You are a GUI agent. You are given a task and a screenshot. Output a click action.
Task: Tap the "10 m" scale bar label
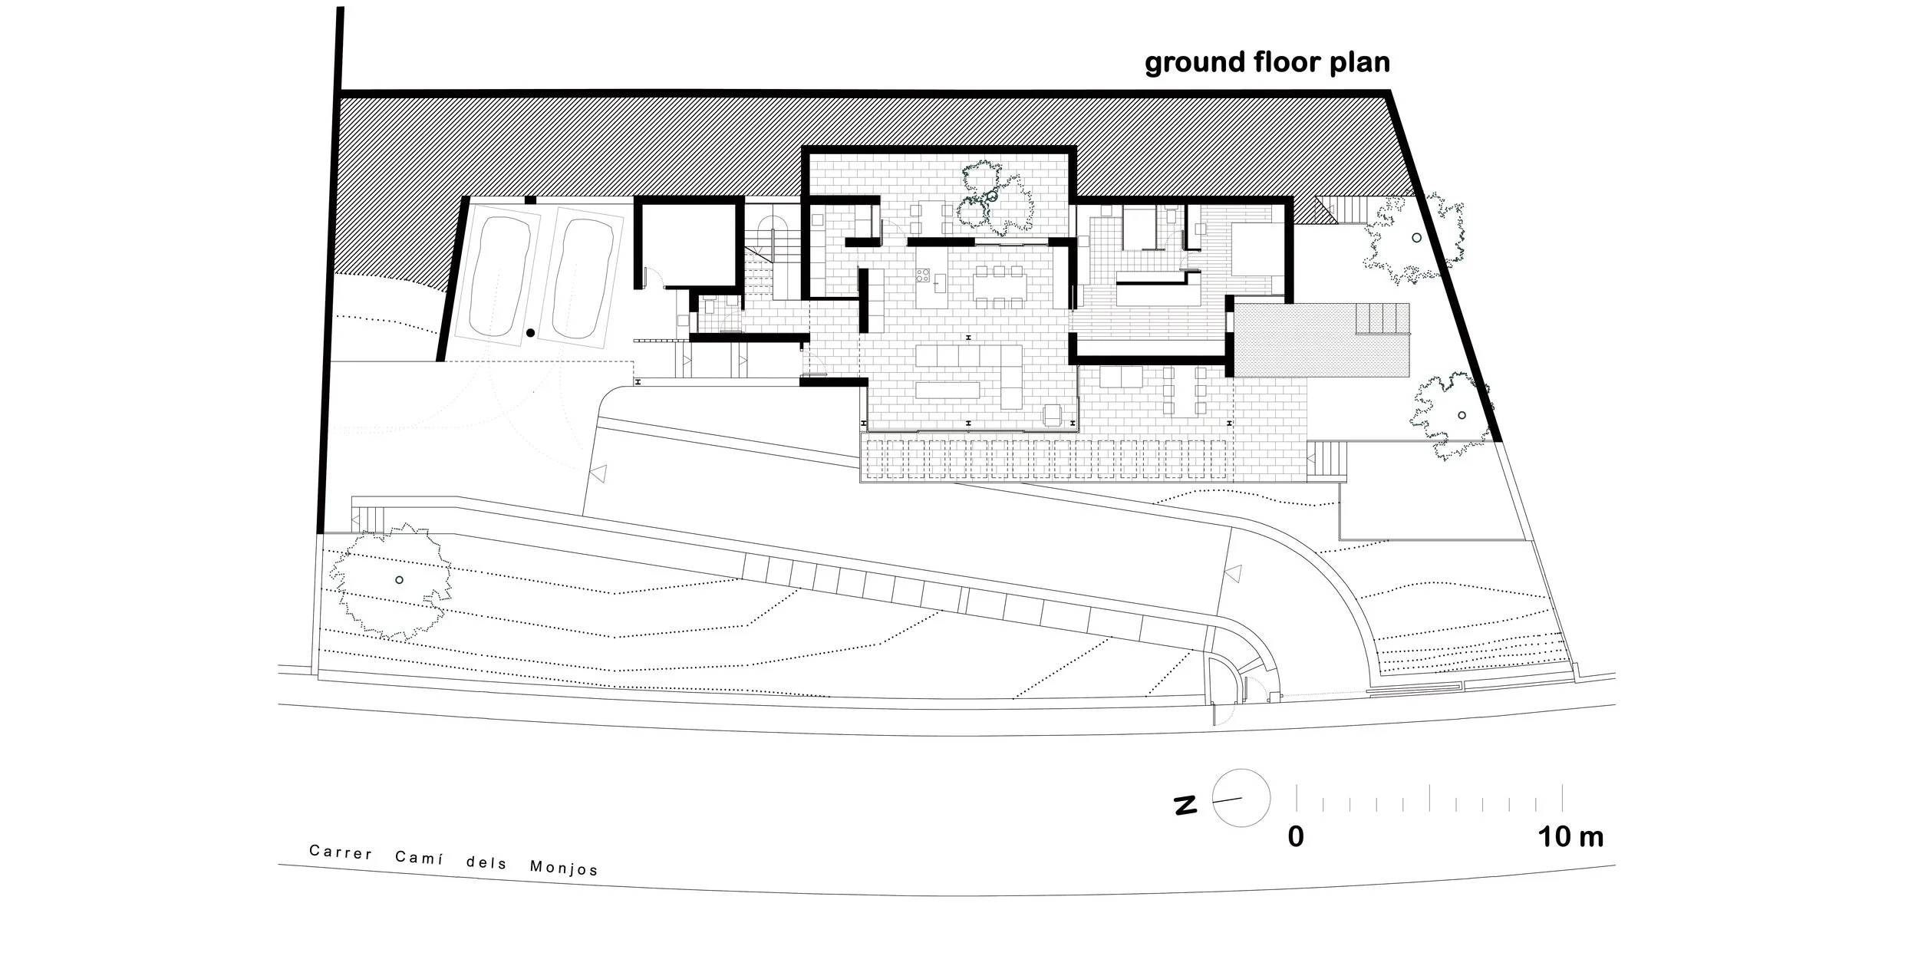[x=1570, y=836]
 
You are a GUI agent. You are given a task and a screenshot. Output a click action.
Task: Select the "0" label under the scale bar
[x=1296, y=836]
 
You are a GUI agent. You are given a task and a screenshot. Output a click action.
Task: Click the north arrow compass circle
[x=1241, y=799]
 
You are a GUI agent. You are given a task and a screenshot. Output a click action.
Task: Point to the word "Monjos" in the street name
[x=564, y=868]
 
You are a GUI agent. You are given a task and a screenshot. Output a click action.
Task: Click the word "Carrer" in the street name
[x=341, y=852]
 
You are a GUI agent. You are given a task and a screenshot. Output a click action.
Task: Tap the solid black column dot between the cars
[x=530, y=332]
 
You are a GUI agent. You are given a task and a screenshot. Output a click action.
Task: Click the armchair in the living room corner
[x=1053, y=415]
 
